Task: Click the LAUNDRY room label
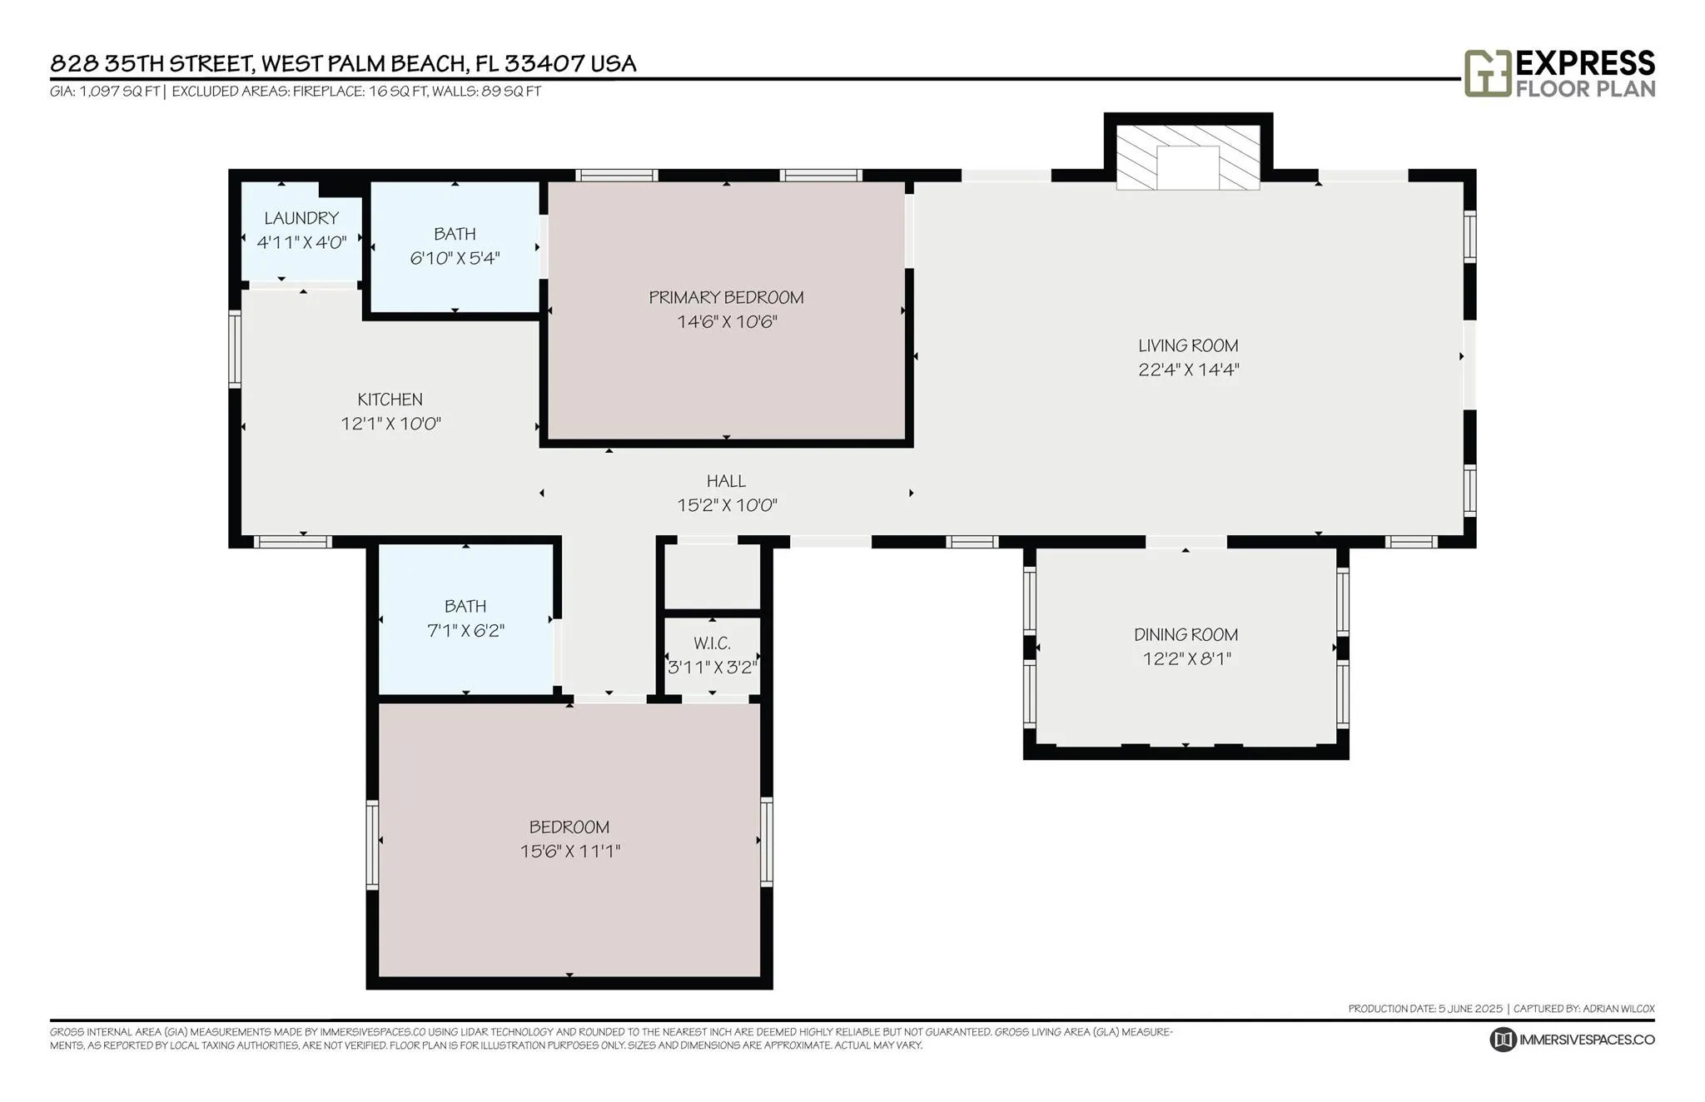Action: [x=301, y=218]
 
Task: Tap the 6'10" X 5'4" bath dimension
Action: [x=455, y=258]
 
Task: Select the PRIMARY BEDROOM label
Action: [x=726, y=297]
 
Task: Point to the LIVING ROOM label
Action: [x=1188, y=345]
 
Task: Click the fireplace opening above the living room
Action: [x=1188, y=167]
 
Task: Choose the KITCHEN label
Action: [x=390, y=400]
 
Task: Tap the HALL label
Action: [x=726, y=481]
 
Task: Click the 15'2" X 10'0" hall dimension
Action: [x=727, y=505]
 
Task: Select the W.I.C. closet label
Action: [x=712, y=643]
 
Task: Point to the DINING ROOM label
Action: [x=1186, y=635]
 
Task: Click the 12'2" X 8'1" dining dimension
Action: [x=1186, y=659]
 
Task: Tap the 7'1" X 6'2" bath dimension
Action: [x=465, y=631]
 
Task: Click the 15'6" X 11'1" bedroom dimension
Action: [x=569, y=851]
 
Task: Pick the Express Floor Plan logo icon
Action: [x=1488, y=73]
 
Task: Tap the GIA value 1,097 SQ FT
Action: [x=119, y=92]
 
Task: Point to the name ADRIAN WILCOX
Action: [x=1618, y=1009]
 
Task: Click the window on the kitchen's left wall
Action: [x=235, y=349]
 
